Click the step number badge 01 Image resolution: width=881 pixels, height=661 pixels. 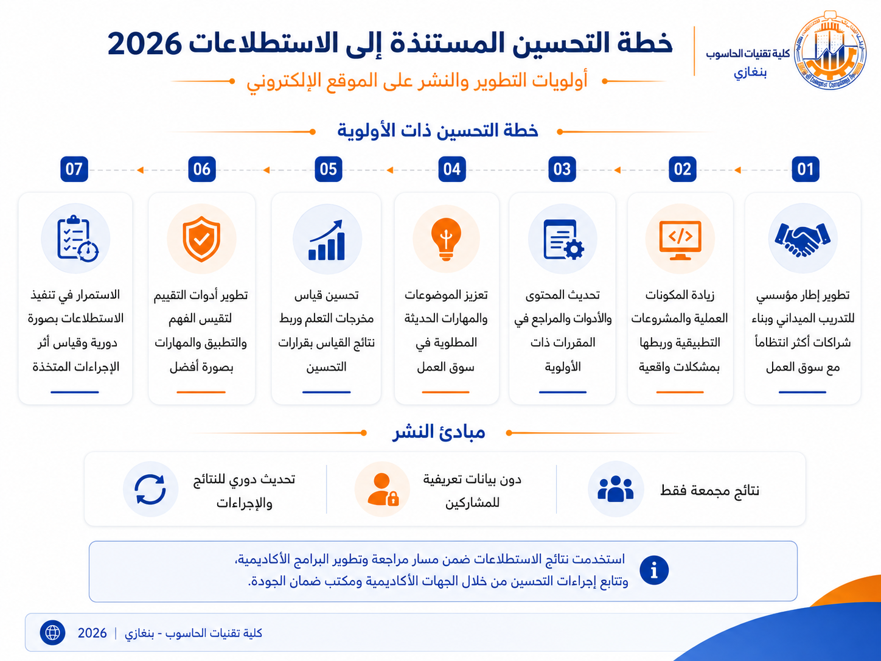click(805, 169)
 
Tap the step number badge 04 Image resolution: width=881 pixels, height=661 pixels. click(452, 169)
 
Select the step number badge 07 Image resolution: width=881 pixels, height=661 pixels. click(74, 169)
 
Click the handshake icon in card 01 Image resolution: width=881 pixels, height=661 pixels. click(803, 239)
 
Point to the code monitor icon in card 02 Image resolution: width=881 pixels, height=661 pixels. click(680, 240)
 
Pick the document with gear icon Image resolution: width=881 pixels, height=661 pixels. click(563, 240)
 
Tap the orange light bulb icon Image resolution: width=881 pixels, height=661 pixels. click(446, 239)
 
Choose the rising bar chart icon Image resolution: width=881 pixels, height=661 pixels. click(327, 240)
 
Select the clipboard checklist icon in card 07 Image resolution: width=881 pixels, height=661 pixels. click(77, 239)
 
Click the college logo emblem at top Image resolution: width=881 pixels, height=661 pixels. click(830, 50)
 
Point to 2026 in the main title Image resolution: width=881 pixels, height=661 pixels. click(144, 44)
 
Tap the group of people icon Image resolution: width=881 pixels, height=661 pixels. click(615, 488)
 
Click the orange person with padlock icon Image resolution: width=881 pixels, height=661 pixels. click(383, 489)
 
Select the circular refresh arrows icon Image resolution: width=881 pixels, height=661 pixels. click(150, 489)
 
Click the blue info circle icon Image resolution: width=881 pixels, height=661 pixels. click(654, 570)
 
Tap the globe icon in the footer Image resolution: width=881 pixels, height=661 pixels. click(52, 633)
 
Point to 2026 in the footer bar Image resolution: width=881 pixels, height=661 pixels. click(92, 633)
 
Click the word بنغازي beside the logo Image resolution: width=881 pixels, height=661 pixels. click(750, 72)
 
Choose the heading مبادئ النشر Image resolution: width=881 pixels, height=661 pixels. click(439, 432)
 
